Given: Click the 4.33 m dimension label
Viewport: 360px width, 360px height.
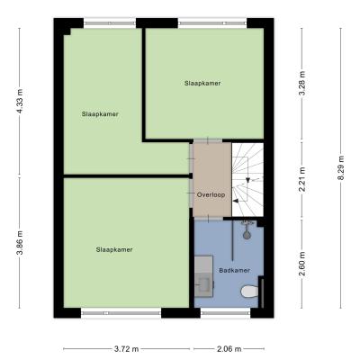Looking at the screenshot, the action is [x=20, y=101].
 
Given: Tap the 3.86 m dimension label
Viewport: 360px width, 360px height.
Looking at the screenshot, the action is [x=20, y=242].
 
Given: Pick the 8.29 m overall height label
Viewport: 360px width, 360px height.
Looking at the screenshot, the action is [x=340, y=168].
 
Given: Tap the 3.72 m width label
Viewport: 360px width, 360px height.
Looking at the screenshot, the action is [x=127, y=349].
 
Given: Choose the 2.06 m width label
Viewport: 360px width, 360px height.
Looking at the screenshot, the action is [x=229, y=349].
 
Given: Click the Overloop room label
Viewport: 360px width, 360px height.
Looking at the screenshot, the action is [x=211, y=194].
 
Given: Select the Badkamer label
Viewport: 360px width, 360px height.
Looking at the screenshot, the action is [x=235, y=270].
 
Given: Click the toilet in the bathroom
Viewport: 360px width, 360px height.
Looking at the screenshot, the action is [x=249, y=291].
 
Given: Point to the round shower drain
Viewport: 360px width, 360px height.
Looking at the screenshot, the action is [x=247, y=235].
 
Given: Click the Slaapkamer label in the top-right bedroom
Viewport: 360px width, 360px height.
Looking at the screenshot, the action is [x=202, y=83].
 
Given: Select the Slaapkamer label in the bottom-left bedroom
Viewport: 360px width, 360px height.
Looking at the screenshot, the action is [x=114, y=249].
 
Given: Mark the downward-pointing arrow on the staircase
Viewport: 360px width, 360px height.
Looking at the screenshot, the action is [x=247, y=180].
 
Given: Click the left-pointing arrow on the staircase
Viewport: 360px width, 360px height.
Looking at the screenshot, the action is [x=236, y=201].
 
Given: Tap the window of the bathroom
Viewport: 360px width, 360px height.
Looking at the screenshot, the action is [x=226, y=313].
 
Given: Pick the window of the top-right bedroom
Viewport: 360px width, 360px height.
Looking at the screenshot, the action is [x=212, y=23].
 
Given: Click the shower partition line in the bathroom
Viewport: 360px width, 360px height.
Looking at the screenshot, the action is [x=232, y=240].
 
